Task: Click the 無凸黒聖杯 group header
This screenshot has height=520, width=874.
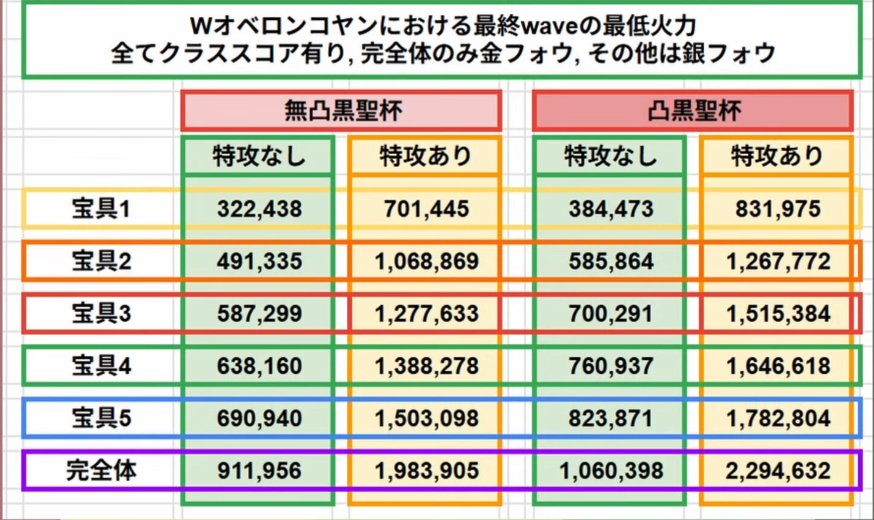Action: click(342, 111)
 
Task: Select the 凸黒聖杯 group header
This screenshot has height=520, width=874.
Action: click(693, 111)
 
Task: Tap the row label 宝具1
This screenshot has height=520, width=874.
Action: click(101, 209)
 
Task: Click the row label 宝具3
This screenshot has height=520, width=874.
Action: click(101, 314)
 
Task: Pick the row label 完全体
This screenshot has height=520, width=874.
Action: click(101, 470)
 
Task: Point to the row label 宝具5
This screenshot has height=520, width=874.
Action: click(101, 418)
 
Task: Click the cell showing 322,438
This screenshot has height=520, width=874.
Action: click(259, 209)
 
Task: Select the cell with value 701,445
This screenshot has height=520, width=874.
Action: click(426, 209)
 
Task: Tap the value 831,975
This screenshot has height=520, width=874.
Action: click(778, 209)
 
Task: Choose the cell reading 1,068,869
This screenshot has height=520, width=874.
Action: click(426, 261)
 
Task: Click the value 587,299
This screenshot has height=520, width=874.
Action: click(259, 314)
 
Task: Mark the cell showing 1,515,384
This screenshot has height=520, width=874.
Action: click(778, 314)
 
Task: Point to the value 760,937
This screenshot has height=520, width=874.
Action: click(610, 366)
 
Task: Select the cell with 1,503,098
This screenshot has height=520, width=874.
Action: click(426, 418)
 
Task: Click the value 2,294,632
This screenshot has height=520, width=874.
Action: click(778, 470)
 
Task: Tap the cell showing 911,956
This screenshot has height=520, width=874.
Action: click(259, 470)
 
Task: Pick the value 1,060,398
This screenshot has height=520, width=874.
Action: click(610, 470)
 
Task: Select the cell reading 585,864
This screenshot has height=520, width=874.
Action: click(610, 261)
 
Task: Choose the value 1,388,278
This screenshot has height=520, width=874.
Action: click(426, 366)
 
